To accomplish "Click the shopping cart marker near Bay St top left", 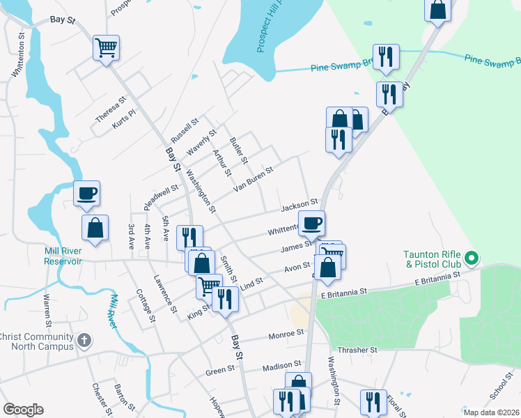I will point(107,48).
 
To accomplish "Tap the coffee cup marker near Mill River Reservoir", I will point(87,193).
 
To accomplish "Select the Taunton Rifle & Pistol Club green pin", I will point(472,259).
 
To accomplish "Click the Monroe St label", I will point(286,334).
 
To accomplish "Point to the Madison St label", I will point(281,365).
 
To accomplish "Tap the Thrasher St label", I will point(357,350).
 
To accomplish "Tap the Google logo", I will point(23,409).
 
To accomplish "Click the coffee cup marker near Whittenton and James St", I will point(311,224).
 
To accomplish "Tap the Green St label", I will point(221,371).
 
